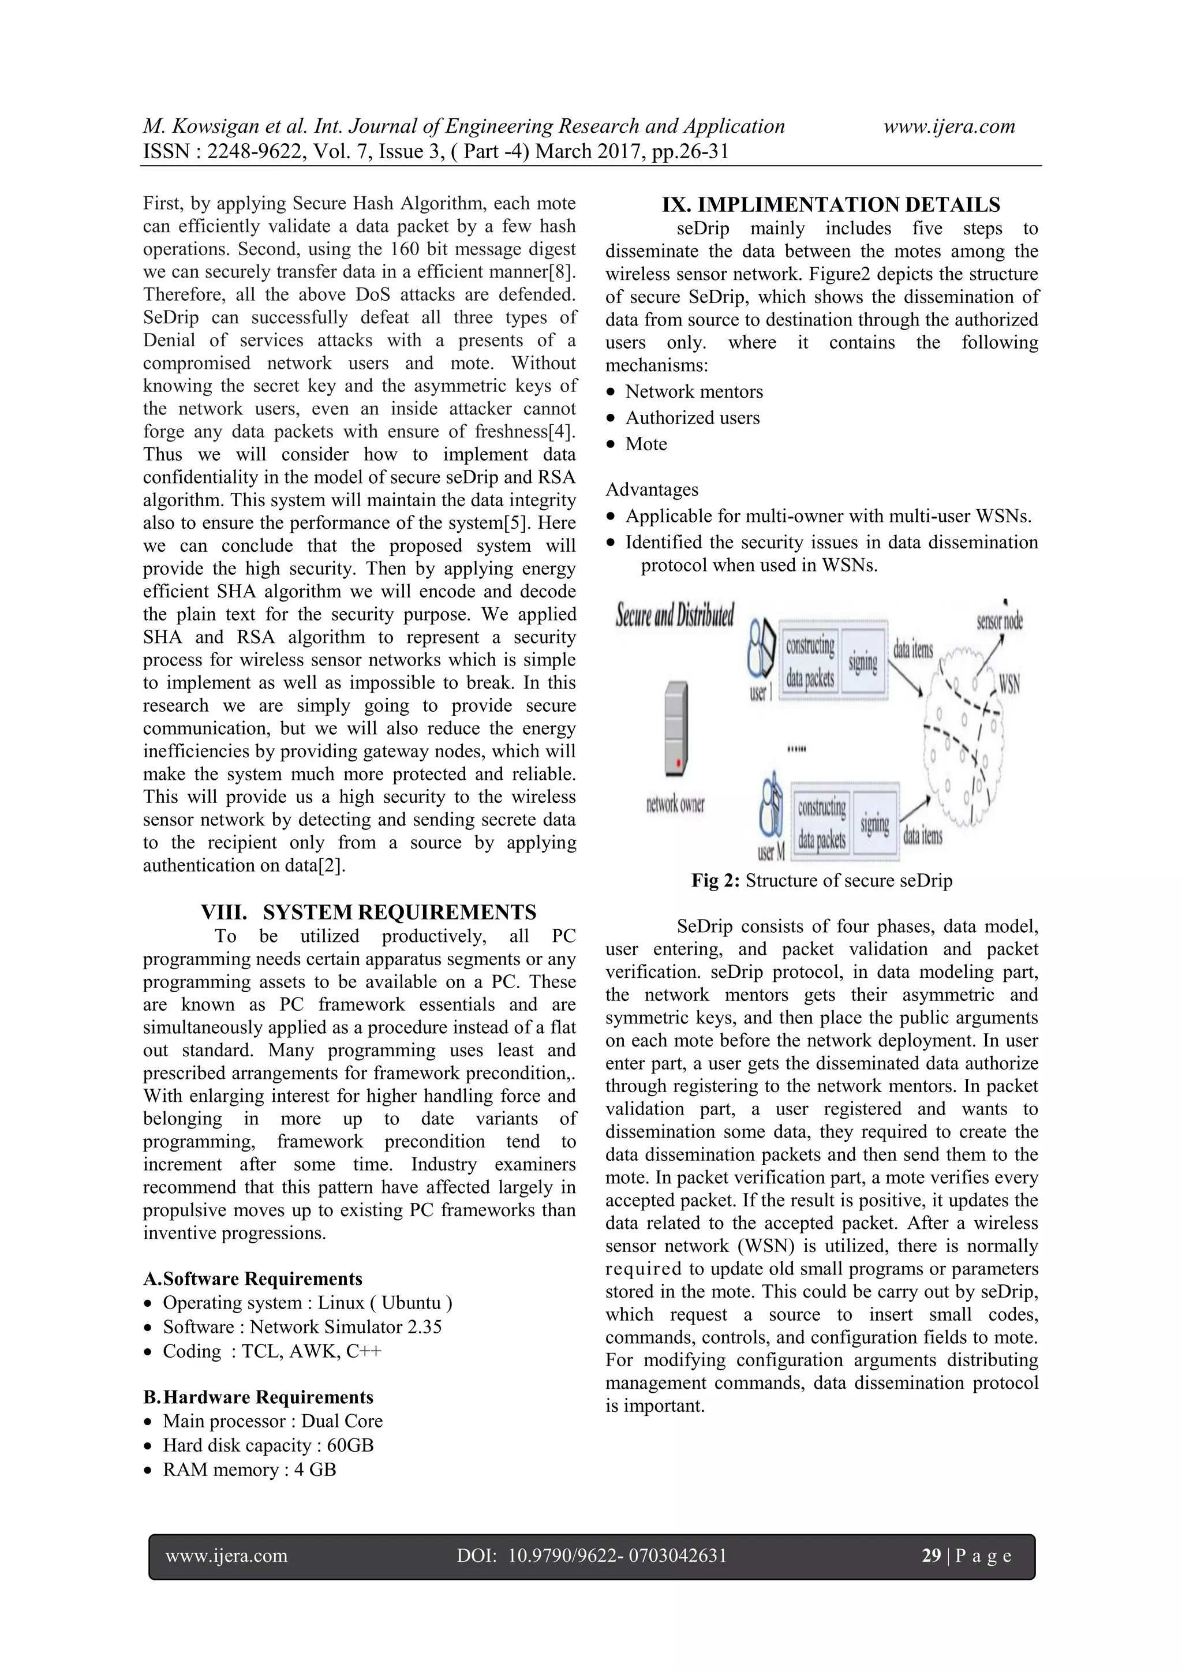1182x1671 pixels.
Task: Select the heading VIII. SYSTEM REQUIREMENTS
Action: click(x=368, y=912)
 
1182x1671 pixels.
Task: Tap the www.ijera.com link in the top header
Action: click(x=948, y=126)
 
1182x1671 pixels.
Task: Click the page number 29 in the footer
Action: click(x=931, y=1556)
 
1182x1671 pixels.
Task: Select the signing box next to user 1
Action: click(x=863, y=661)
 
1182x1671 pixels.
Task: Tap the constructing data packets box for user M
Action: click(x=822, y=823)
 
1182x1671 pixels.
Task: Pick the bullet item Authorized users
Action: click(x=692, y=418)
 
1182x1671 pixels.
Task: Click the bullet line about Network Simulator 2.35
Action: click(x=302, y=1327)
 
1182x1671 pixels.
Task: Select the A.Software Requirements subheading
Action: click(x=253, y=1279)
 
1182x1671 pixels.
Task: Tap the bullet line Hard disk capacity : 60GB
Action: click(x=268, y=1445)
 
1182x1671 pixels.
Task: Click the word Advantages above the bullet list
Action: click(x=652, y=490)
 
